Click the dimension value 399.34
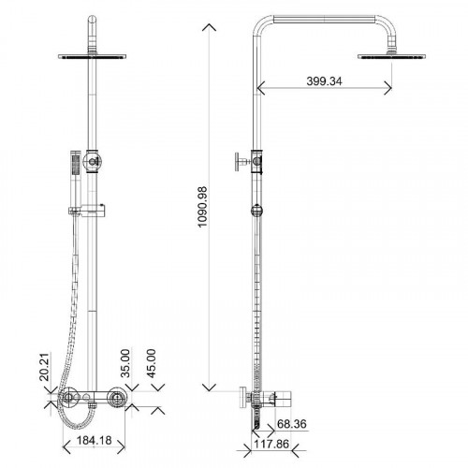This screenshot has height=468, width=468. (324, 81)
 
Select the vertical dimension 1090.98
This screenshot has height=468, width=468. (202, 207)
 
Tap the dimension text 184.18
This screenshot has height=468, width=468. (94, 441)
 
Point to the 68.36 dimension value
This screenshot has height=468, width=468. (292, 424)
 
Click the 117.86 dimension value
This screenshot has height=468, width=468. (271, 444)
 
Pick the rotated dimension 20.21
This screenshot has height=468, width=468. (45, 367)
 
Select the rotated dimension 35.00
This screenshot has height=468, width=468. (125, 363)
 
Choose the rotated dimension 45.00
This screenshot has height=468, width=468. (151, 363)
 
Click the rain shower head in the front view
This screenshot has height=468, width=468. (92, 56)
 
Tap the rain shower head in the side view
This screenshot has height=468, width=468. (391, 56)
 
